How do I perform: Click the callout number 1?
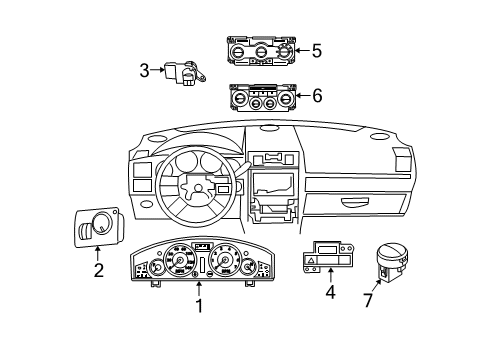(198, 306)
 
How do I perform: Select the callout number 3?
(144, 70)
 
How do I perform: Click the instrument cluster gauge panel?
(199, 264)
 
